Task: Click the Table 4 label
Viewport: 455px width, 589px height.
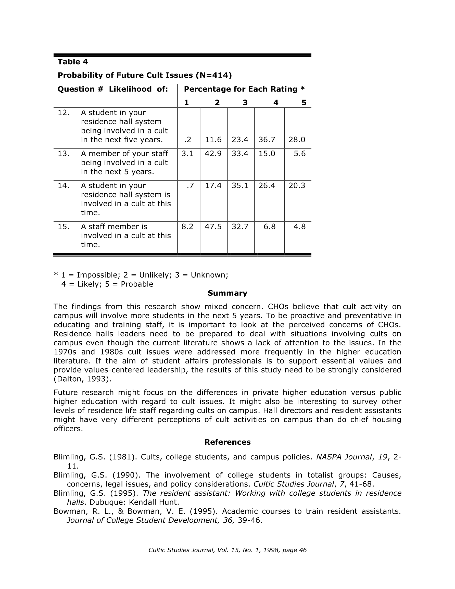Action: tap(72, 62)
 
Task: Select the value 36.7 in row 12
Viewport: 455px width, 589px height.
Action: tap(267, 140)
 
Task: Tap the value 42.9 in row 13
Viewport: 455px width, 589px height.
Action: tap(213, 154)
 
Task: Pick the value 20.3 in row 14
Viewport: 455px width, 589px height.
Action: tap(297, 185)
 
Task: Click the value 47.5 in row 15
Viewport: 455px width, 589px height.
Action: tap(213, 227)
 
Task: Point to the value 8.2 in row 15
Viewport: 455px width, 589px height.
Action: tap(187, 227)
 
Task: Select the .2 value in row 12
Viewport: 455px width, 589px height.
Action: tap(187, 140)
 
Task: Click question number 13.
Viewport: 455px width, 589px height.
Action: tap(64, 154)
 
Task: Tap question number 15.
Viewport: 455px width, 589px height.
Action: tap(64, 227)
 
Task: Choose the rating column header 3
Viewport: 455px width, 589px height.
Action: tap(245, 103)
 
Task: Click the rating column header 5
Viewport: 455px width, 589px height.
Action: tap(304, 103)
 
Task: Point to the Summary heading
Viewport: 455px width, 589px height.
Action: tap(227, 293)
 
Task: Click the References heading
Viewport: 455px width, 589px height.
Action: tap(227, 442)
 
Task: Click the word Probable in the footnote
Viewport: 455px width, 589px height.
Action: tap(137, 284)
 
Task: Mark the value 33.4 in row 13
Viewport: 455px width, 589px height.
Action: tap(240, 154)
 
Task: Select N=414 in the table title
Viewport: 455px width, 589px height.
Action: tap(214, 75)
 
